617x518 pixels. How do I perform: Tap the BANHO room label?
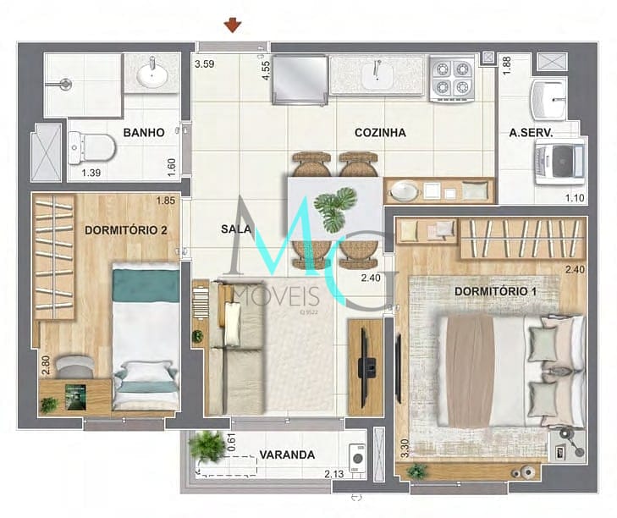(x=143, y=133)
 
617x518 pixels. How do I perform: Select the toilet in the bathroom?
(x=92, y=148)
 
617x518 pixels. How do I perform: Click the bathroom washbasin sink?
(x=151, y=74)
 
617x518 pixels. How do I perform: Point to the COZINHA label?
(x=380, y=133)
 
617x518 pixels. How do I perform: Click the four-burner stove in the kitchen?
(x=452, y=79)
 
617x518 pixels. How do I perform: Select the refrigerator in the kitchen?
(x=300, y=80)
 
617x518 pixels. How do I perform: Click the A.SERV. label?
(x=532, y=133)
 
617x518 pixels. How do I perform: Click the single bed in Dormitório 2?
(x=146, y=339)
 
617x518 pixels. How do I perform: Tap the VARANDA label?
(x=287, y=455)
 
